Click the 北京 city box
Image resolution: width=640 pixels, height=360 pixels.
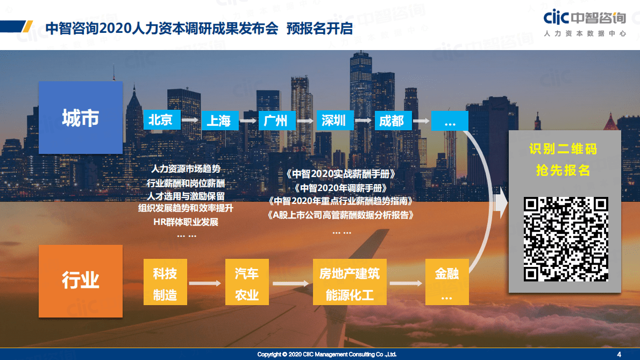(160, 119)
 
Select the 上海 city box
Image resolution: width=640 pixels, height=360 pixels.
(218, 120)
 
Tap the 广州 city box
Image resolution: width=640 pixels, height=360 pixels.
(276, 120)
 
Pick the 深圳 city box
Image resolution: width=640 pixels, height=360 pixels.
(334, 120)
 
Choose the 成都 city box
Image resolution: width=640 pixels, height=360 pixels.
(392, 121)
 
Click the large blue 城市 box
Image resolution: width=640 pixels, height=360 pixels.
(81, 117)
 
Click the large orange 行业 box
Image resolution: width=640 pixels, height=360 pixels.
(81, 280)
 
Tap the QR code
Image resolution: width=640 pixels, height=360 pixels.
(566, 239)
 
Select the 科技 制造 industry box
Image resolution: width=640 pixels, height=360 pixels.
(164, 284)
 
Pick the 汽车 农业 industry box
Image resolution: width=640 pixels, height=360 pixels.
(247, 284)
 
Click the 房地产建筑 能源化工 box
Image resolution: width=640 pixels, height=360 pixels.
(349, 284)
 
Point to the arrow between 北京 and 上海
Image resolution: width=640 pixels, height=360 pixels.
(189, 120)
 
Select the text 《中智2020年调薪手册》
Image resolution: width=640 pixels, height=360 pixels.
(341, 188)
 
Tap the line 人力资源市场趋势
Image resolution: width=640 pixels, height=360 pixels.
(186, 169)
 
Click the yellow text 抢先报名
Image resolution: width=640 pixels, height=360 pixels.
(563, 170)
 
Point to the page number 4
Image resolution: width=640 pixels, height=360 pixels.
(619, 354)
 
